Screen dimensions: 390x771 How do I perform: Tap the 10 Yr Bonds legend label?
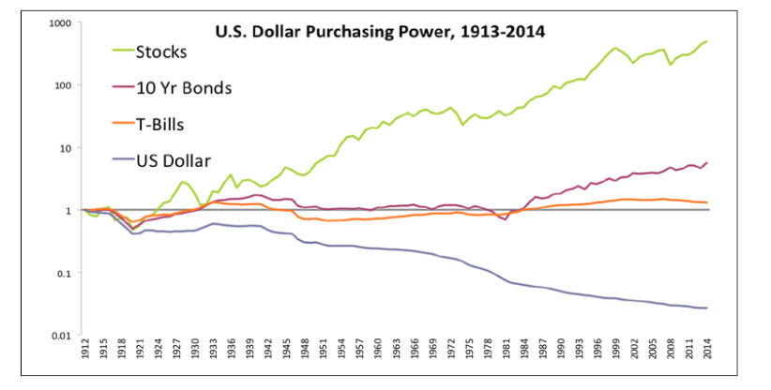185,87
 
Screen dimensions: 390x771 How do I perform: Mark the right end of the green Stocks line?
706,41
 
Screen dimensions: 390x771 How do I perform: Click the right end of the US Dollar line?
706,307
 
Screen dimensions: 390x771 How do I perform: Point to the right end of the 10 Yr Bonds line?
706,162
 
